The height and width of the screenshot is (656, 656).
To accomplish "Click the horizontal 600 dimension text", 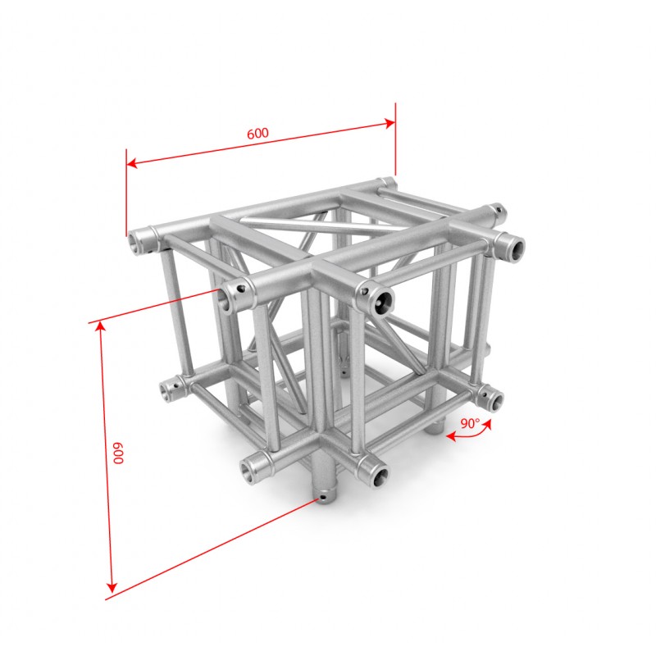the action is point(257,134).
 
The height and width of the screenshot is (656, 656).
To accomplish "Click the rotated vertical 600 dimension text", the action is point(119,453).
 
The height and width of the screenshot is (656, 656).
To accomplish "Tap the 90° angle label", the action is point(470,424).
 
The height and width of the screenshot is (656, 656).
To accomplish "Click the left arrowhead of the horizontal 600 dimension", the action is point(132,162).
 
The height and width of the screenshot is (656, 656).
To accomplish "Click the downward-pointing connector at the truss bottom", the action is point(323,490).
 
